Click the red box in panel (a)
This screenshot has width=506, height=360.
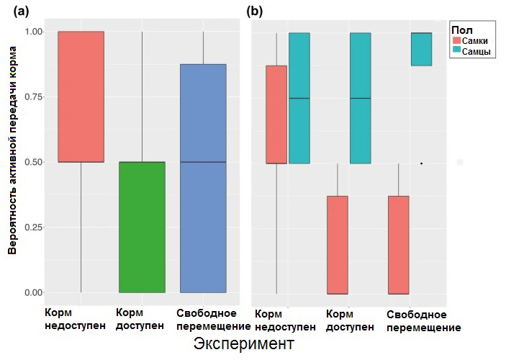pos(81,96)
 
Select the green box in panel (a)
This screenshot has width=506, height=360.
pos(142,227)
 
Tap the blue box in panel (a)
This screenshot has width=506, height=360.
pos(203,178)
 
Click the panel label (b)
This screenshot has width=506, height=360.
pos(255,12)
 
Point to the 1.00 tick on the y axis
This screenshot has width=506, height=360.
pos(33,32)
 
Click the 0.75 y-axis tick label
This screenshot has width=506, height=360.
pos(33,97)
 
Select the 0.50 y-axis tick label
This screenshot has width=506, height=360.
pos(33,162)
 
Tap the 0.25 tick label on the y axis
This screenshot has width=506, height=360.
pos(33,228)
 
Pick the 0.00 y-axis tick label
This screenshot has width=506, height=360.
pos(33,293)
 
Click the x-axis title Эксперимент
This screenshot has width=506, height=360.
pos(244,344)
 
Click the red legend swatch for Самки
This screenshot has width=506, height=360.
pos(456,41)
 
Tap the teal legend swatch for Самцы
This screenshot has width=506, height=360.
pos(456,53)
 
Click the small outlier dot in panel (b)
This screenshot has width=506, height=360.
pos(421,163)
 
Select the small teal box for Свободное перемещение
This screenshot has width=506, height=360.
pos(421,50)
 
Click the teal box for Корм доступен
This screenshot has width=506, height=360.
pos(360,98)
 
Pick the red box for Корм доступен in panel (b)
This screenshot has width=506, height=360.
pos(338,245)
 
